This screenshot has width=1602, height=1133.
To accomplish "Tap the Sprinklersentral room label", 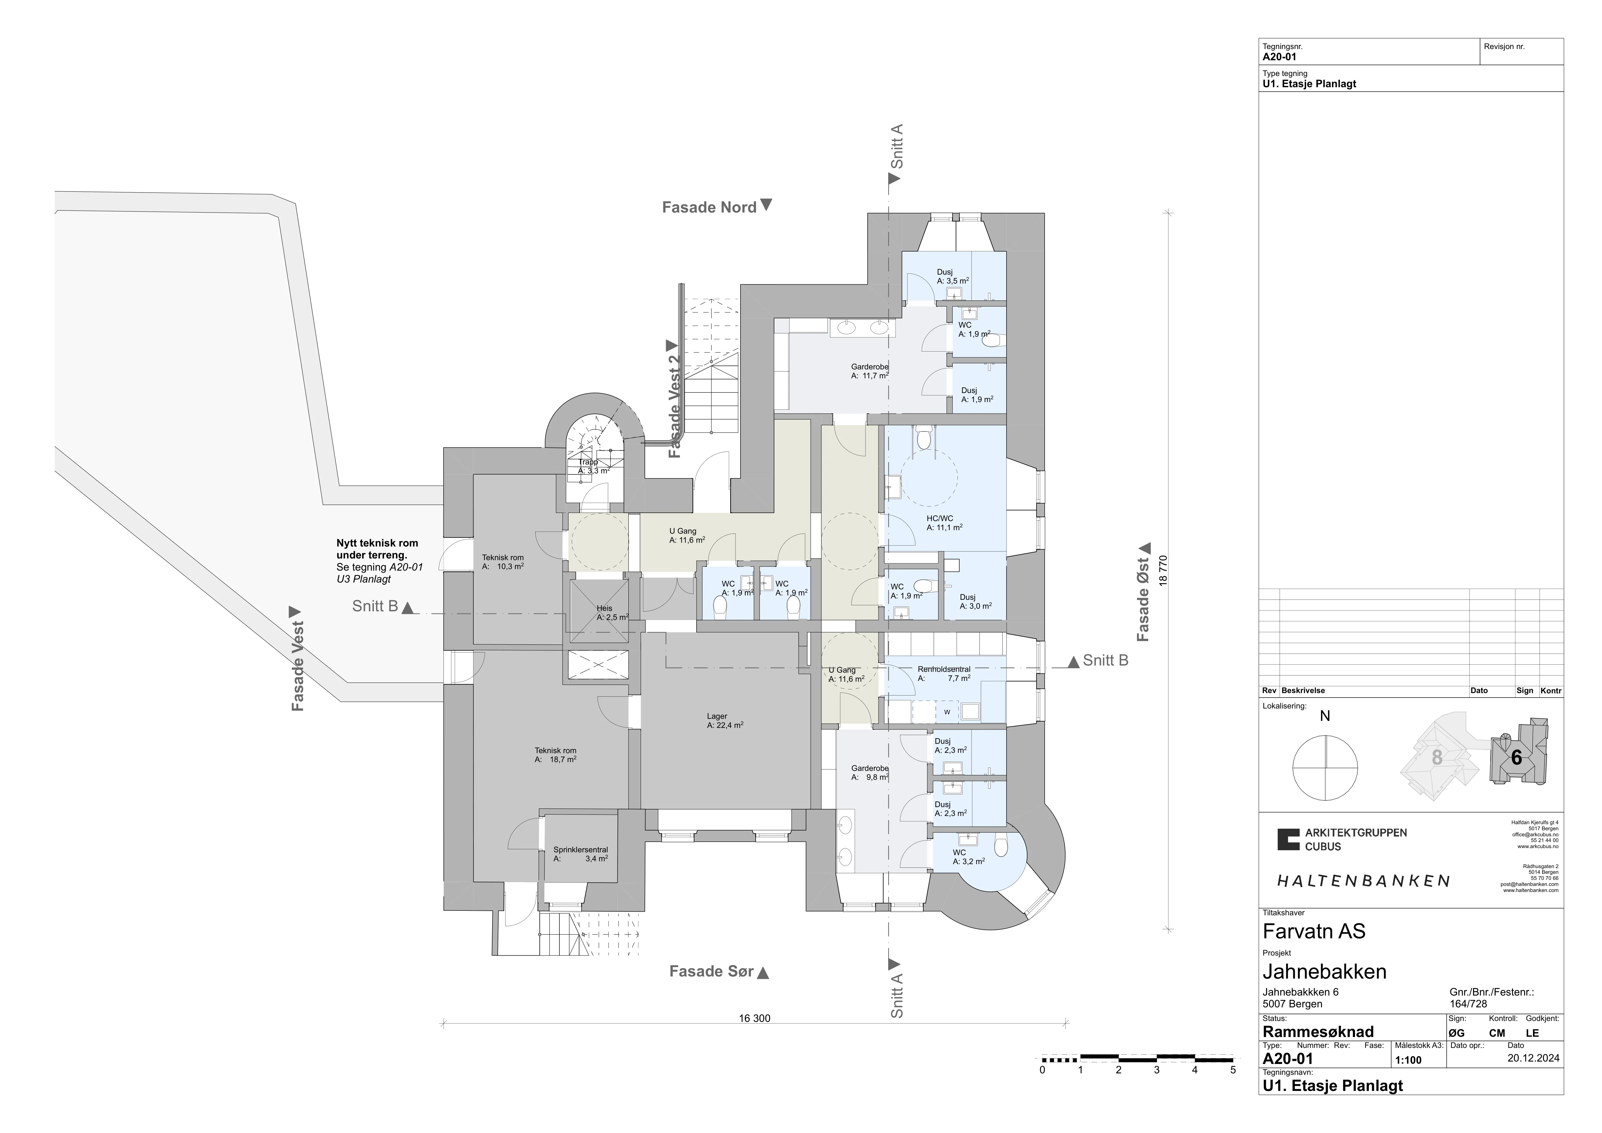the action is (x=581, y=850).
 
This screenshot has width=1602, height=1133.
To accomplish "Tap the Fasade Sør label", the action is (x=712, y=971).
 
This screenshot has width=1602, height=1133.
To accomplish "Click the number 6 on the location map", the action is (x=1516, y=757).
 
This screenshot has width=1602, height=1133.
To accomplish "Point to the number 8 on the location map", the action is (x=1437, y=757).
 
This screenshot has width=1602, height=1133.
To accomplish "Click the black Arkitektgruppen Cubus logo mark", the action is (x=1289, y=839).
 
